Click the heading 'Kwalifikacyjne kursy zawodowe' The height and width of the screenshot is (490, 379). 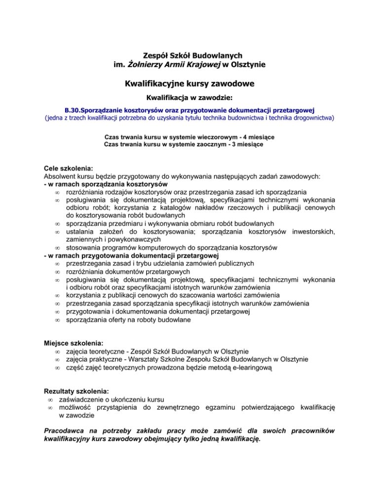pyautogui.click(x=189, y=84)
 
